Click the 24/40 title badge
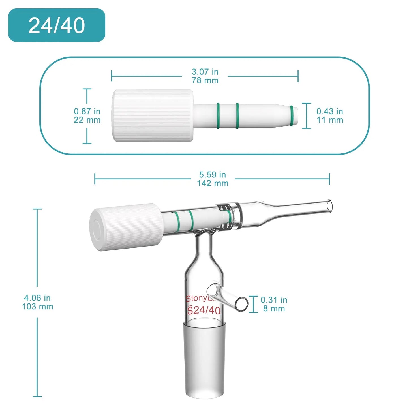point(57,25)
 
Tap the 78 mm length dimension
point(205,81)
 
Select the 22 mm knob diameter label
point(87,120)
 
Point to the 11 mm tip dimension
point(330,120)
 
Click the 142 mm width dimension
point(213,183)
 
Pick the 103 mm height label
point(37,307)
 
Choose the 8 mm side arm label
point(274,309)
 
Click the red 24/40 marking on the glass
point(204,310)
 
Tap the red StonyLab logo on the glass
point(200,298)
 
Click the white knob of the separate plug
point(153,116)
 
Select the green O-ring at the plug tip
point(292,116)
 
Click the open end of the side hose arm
point(241,304)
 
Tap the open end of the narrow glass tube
point(329,206)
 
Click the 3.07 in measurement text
point(205,72)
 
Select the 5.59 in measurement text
point(213,175)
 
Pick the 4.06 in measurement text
point(37,298)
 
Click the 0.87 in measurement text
point(87,111)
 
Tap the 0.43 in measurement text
point(330,111)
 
